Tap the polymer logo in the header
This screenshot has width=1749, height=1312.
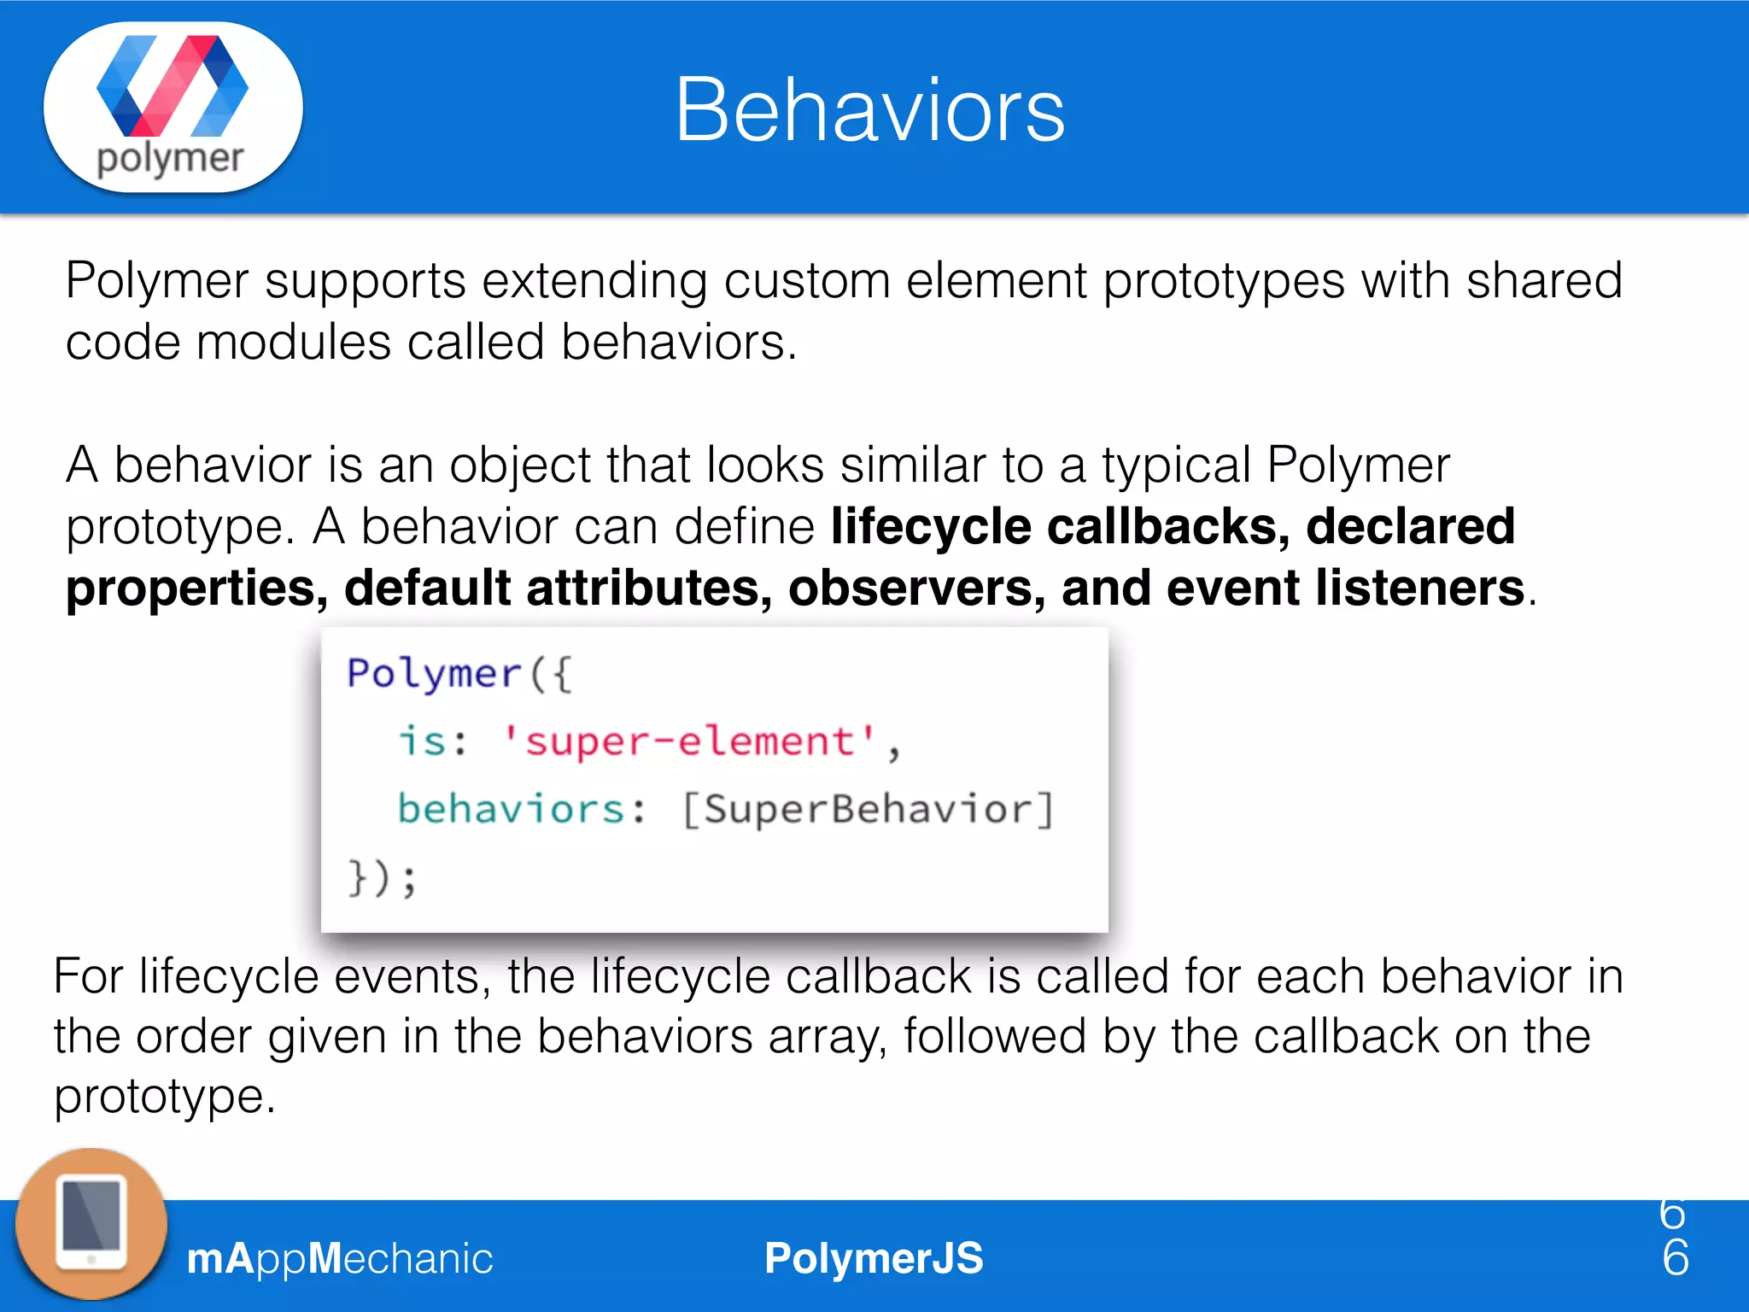click(x=173, y=86)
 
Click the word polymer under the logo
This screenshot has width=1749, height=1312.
click(x=170, y=160)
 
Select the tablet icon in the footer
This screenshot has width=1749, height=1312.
click(x=91, y=1224)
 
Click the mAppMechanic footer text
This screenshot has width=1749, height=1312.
click(x=340, y=1258)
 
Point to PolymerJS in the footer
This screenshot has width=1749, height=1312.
click(x=874, y=1258)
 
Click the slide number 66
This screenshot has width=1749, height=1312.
click(x=1675, y=1236)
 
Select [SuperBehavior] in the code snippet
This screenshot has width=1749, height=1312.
click(x=868, y=809)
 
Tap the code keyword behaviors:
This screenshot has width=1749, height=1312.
click(x=522, y=809)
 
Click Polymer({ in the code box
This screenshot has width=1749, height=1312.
click(x=459, y=674)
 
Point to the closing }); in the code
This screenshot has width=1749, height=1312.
click(x=382, y=878)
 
